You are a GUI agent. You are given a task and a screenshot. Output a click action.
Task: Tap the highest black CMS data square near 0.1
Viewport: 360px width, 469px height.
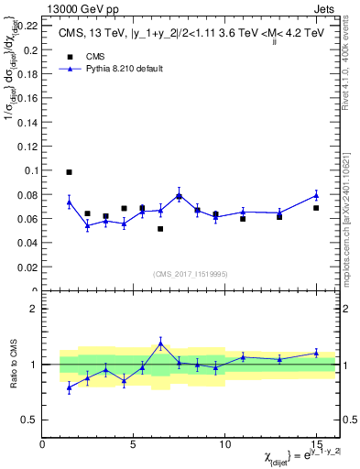pyautogui.click(x=69, y=172)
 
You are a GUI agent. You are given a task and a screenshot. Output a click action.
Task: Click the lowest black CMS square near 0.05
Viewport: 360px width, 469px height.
pyautogui.click(x=160, y=228)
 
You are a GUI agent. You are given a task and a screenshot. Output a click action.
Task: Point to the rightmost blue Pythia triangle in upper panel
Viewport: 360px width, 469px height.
pyautogui.click(x=316, y=195)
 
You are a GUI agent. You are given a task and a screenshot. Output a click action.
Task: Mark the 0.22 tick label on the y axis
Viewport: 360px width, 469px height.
pyautogui.click(x=27, y=26)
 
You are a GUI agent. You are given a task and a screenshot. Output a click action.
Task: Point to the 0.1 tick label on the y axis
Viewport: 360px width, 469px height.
pyautogui.click(x=30, y=170)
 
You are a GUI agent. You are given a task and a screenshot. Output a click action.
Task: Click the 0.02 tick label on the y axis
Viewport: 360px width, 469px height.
pyautogui.click(x=27, y=267)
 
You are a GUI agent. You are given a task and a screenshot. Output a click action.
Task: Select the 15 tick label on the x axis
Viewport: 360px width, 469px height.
pyautogui.click(x=316, y=443)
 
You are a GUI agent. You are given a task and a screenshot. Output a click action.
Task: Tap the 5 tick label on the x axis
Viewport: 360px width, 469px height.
pyautogui.click(x=134, y=443)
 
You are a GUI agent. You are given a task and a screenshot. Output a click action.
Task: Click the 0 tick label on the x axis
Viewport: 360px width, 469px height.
pyautogui.click(x=42, y=443)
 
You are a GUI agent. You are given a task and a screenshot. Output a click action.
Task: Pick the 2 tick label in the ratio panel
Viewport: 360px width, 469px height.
pyautogui.click(x=34, y=309)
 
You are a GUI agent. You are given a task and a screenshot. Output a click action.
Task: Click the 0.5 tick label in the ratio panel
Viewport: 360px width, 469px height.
pyautogui.click(x=30, y=420)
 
